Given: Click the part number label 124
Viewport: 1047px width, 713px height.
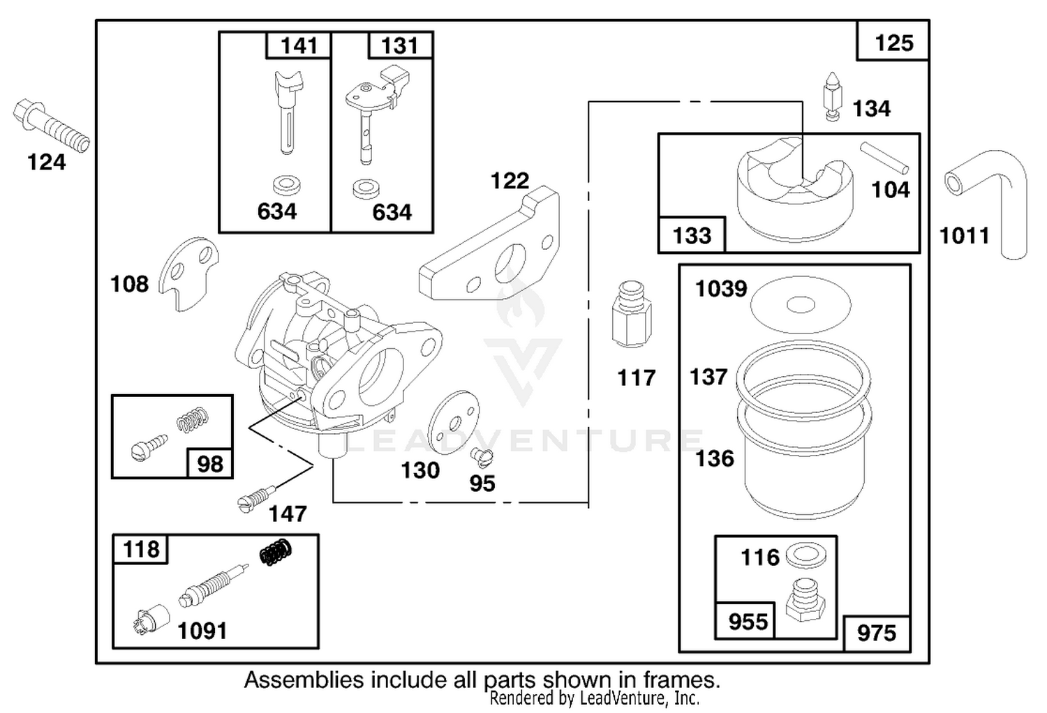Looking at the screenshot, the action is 46,163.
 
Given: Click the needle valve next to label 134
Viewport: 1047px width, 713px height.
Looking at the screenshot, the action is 832,97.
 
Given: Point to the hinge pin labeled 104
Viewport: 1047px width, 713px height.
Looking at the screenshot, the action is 884,158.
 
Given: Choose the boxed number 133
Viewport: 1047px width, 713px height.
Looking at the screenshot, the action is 692,236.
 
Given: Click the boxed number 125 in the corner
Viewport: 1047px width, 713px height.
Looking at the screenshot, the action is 893,43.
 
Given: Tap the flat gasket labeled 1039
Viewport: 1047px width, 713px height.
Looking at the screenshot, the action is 800,305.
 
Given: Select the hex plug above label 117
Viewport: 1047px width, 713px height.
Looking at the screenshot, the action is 632,314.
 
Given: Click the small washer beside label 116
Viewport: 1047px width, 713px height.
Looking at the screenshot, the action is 806,555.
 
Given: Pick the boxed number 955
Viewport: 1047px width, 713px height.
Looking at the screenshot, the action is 748,622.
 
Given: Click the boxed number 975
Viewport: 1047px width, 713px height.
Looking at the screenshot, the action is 877,634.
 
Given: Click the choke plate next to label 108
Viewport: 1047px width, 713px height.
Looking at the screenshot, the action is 188,273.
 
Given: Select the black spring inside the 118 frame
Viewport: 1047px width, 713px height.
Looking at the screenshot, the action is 276,553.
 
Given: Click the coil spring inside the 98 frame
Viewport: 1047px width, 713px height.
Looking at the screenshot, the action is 193,419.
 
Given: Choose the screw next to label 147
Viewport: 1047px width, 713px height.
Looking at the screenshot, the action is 256,499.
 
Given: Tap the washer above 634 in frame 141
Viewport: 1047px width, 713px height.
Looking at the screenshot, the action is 286,186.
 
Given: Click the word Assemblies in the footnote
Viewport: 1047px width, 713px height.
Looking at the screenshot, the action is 304,680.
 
